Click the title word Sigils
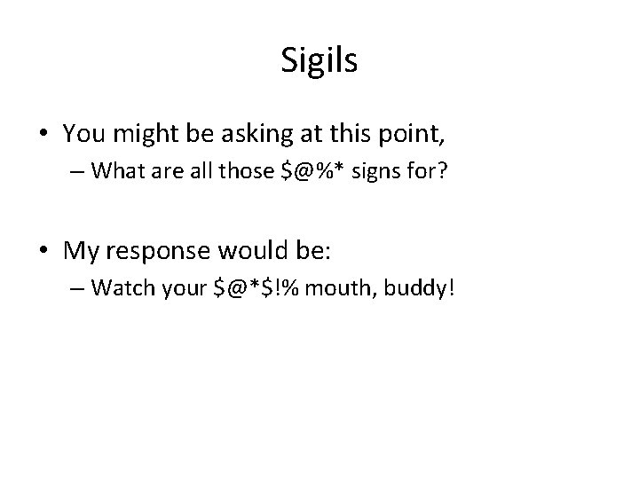click(x=319, y=60)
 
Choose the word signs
click(x=375, y=172)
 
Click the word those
click(x=249, y=172)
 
